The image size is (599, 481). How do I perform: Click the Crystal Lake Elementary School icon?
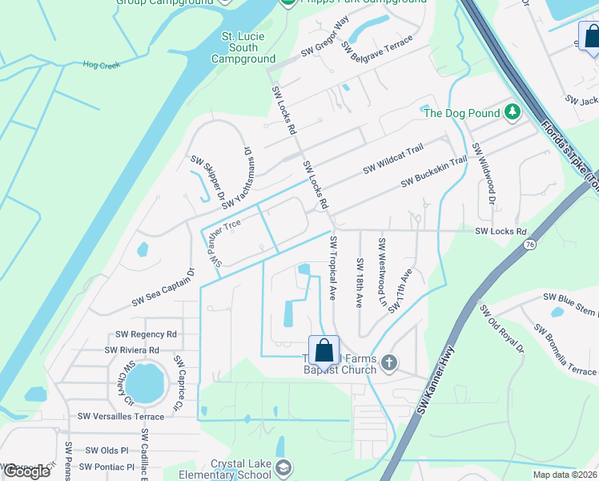coord(283,467)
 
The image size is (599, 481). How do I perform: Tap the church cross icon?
coord(388,362)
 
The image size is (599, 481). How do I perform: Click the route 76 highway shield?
coord(530,245)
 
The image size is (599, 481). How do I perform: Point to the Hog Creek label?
coord(101,65)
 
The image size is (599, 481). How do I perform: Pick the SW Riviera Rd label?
coord(131,350)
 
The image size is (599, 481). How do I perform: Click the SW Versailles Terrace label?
coord(120,416)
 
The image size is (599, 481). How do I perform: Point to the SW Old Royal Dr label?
coord(501,329)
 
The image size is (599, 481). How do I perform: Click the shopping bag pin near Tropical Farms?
coord(324,351)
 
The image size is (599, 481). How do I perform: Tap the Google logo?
coord(26,471)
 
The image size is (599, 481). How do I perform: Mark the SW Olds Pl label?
coord(108,451)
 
